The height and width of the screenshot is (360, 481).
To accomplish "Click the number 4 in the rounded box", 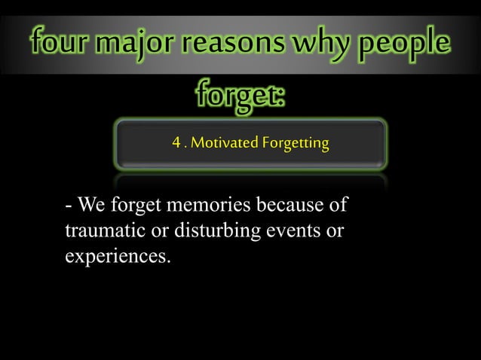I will (176, 142).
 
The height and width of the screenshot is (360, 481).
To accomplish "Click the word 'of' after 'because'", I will (343, 205).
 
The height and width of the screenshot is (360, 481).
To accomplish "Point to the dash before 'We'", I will (69, 206).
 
